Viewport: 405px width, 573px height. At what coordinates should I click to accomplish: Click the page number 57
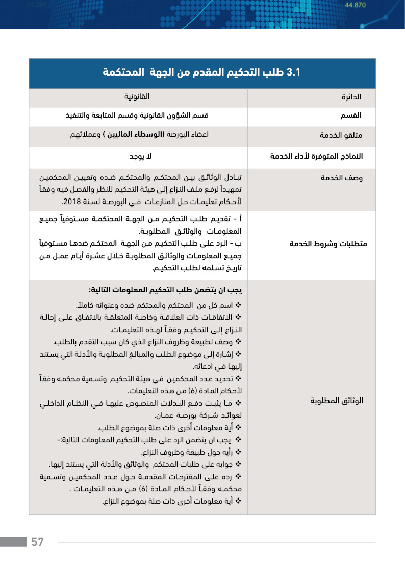point(38,542)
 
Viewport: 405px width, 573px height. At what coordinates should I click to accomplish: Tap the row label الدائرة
point(351,97)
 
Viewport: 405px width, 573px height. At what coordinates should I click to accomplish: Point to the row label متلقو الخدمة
point(341,136)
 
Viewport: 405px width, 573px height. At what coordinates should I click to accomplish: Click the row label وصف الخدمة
point(342,178)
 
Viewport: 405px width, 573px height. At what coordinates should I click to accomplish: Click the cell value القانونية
point(137,96)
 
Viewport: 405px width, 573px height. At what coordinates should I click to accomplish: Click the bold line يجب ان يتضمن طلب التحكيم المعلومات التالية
point(165,290)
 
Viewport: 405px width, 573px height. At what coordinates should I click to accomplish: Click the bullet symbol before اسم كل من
point(238,306)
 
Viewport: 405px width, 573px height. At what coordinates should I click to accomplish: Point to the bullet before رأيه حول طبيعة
point(238,452)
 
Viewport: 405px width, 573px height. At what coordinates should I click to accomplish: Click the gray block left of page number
point(13,542)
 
